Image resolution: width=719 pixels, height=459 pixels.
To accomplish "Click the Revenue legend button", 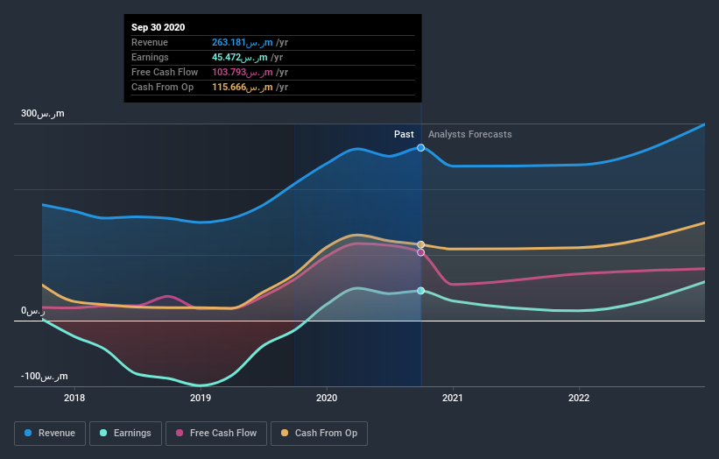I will point(51,433).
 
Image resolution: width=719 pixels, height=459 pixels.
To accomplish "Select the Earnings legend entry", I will point(126,433).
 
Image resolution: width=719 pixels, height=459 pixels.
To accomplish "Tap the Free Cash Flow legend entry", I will point(216,433).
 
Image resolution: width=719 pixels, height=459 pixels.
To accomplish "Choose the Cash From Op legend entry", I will point(319,433).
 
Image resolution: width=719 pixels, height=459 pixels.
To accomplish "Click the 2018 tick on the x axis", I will point(74,398).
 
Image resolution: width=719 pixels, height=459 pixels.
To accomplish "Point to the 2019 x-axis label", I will point(201,398).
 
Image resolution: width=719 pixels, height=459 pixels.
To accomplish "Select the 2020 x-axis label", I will point(327,398).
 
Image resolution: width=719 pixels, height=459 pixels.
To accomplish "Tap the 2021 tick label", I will point(453,398).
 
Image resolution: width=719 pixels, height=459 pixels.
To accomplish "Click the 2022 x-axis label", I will point(579,398).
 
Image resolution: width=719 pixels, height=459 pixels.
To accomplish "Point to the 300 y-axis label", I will point(43,114).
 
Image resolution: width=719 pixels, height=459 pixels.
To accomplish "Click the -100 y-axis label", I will point(43,377).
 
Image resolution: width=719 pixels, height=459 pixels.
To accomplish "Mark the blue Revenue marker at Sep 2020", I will point(421,148).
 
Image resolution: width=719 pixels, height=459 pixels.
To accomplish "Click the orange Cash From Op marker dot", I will point(421,244).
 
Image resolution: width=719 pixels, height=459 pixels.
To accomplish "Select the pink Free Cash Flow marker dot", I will point(421,252).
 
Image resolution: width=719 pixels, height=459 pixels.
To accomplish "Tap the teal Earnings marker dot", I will point(421,291).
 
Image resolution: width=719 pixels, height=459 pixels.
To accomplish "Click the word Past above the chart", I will point(404,134).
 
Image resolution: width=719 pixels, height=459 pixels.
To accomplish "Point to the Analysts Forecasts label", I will point(469,134).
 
